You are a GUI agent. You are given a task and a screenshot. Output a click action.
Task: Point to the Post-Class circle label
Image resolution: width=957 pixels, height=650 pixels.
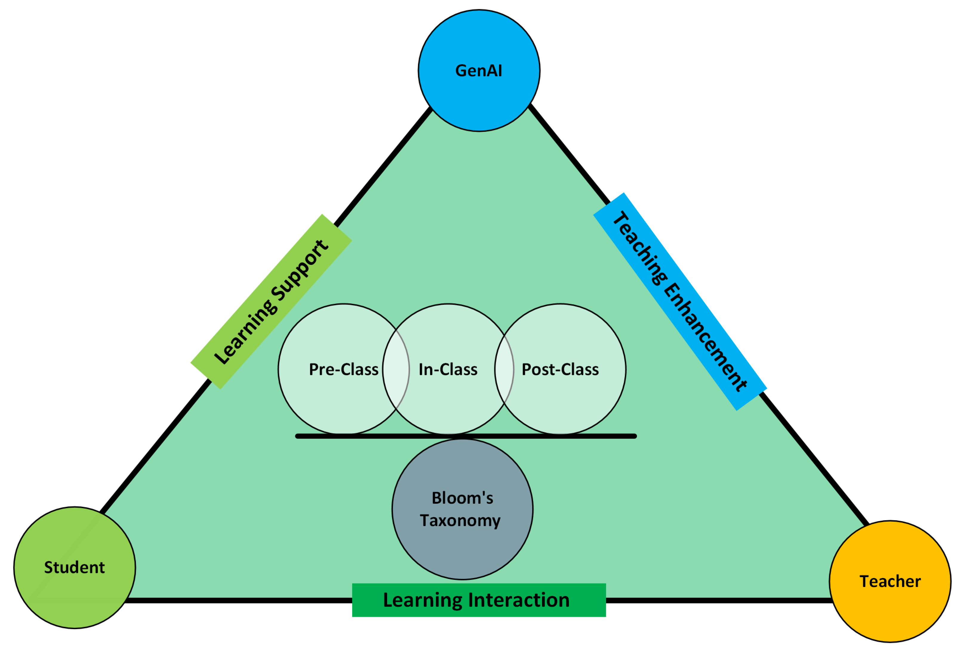(560, 369)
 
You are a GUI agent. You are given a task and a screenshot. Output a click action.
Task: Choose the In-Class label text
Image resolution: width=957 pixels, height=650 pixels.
(448, 369)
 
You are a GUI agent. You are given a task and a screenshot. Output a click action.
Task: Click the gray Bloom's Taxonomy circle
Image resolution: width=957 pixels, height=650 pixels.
(462, 548)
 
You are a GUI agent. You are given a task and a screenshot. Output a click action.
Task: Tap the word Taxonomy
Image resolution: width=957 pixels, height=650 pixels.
(460, 521)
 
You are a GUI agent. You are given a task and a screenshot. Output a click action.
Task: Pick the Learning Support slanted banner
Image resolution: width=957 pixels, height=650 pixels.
(271, 302)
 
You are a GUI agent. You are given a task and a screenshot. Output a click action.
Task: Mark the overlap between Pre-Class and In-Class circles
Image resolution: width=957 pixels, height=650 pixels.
(396, 369)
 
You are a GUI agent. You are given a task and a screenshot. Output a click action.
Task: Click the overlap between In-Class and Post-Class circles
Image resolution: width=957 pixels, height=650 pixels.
(504, 369)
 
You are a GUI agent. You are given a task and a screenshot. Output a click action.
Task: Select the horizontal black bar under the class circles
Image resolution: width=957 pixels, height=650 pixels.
(466, 436)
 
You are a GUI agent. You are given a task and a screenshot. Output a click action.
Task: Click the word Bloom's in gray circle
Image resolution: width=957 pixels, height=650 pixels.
(462, 498)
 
